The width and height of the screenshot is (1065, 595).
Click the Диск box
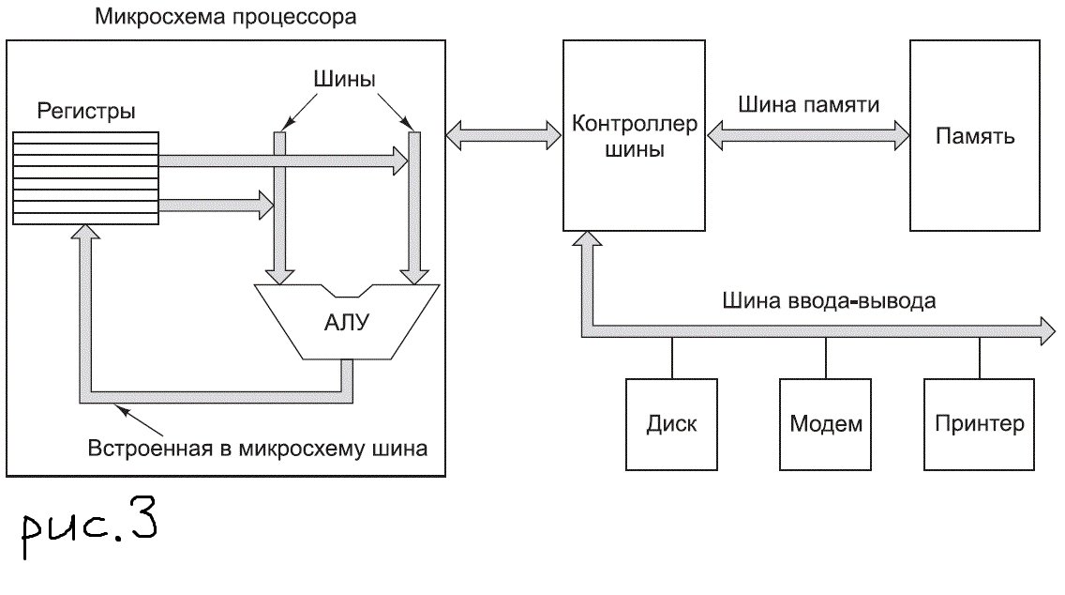tap(671, 424)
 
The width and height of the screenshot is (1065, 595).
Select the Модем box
tap(825, 424)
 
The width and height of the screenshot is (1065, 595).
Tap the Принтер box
tap(980, 424)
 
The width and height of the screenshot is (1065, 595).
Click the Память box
tap(975, 135)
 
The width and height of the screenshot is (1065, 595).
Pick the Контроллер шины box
tap(635, 135)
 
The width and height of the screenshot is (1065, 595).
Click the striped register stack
tap(86, 177)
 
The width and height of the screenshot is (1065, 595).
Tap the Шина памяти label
tap(808, 104)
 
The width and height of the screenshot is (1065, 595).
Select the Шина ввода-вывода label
tap(829, 301)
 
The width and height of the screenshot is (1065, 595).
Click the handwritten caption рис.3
tap(90, 530)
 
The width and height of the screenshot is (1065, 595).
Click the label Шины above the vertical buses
tap(343, 80)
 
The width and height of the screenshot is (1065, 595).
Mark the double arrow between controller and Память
tap(808, 135)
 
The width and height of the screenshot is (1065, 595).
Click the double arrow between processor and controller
tap(502, 135)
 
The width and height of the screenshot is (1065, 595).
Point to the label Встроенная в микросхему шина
tap(258, 448)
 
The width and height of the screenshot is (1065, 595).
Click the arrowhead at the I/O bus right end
tap(1046, 328)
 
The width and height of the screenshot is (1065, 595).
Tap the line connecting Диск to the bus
tap(671, 357)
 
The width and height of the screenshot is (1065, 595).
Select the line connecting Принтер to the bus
tap(980, 357)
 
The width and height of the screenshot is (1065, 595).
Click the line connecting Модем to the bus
tap(825, 357)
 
